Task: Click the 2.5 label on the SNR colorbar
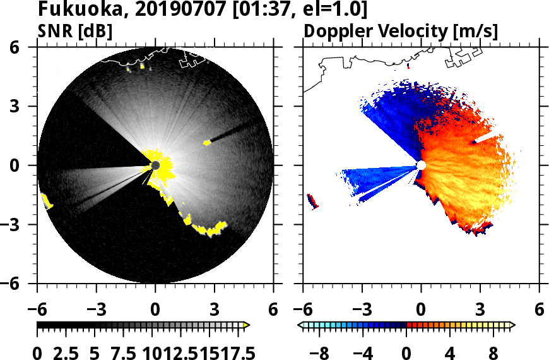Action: coord(64,352)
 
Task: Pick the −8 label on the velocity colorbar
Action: coord(322,352)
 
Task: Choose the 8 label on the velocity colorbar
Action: coord(494,352)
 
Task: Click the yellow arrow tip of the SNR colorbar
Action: coord(247,325)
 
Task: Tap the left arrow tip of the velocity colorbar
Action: coord(301,325)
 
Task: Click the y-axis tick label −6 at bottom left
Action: coord(23,284)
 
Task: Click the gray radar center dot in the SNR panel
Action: coord(155,165)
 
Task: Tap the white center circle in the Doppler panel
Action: coord(421,165)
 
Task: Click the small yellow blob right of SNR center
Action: coord(206,143)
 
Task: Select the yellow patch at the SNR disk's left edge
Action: coord(47,201)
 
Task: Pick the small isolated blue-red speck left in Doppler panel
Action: coord(312,201)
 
